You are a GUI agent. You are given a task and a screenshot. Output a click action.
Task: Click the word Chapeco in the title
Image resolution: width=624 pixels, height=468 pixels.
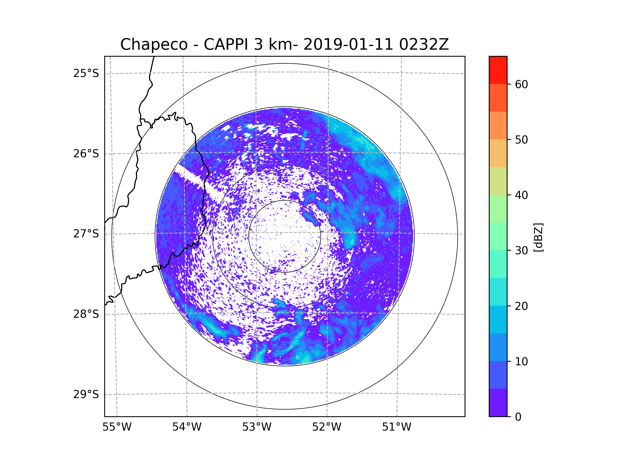point(154,44)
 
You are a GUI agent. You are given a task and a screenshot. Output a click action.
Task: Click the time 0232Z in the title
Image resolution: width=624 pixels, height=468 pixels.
point(424,44)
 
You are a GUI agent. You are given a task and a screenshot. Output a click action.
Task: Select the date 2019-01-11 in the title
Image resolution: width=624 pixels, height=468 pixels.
point(348,44)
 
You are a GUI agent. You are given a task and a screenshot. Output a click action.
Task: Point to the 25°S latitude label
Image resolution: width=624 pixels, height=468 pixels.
point(86,73)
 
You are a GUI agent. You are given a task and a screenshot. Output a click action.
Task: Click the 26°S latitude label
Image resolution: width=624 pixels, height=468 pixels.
point(86,154)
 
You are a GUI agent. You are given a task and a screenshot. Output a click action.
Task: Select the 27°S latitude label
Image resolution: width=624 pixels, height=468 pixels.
point(86,234)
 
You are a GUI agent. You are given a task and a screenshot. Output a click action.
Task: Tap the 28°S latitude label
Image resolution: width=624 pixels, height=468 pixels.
point(86,314)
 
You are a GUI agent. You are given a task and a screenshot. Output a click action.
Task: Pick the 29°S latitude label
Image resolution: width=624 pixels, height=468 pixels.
point(86,394)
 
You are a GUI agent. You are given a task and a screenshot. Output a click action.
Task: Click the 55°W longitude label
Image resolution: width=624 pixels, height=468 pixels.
point(117,427)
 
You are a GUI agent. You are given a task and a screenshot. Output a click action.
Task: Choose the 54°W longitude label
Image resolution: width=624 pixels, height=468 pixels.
point(187,427)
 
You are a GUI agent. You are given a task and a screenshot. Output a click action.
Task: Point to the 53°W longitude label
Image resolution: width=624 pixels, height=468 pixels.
point(257,427)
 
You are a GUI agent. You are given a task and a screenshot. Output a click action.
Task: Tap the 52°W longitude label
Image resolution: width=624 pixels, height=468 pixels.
point(327,427)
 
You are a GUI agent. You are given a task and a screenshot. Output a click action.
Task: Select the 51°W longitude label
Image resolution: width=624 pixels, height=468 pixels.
point(396,427)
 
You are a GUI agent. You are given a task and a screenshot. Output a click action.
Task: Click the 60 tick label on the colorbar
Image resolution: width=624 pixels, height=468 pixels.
point(521,84)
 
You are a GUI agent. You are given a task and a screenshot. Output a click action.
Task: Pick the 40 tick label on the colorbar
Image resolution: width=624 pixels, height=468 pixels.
point(521,195)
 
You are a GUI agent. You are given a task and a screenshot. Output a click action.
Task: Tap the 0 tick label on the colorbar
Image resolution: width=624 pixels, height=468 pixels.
point(518,417)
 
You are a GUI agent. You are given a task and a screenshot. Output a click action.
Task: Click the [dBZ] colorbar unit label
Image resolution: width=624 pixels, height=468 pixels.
point(538,237)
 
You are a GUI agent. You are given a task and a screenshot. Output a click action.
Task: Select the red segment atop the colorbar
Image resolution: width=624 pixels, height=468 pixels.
point(498,70)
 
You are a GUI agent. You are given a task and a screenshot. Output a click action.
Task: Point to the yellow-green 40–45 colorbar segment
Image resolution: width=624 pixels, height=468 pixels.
point(498,181)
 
